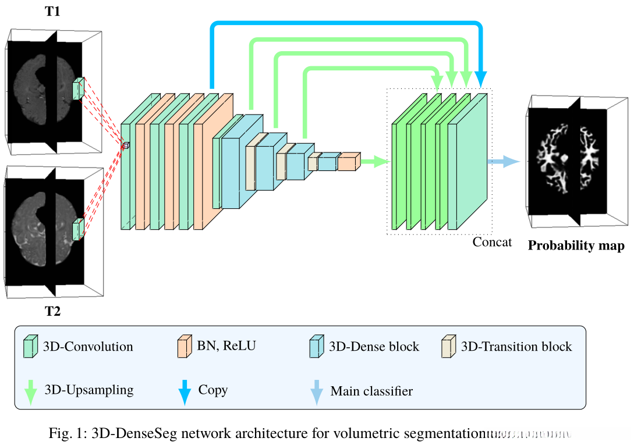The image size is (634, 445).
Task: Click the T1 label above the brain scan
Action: [x=53, y=12]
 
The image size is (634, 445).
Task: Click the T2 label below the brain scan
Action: [x=53, y=311]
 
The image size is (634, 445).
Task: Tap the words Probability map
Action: [x=576, y=245]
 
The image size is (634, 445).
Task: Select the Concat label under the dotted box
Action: [x=492, y=241]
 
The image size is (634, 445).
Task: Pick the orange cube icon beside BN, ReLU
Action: [x=183, y=346]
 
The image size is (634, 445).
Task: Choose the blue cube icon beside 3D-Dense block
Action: [x=317, y=346]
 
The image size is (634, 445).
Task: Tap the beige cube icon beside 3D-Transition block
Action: [x=449, y=346]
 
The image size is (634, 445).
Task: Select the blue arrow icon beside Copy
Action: [x=183, y=390]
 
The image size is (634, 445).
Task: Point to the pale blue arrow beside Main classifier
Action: [x=317, y=390]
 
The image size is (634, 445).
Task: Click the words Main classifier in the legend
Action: [x=371, y=391]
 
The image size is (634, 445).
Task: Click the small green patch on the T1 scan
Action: [x=78, y=90]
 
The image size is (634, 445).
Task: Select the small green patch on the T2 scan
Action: [x=78, y=229]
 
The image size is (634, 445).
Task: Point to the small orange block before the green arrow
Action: [x=349, y=162]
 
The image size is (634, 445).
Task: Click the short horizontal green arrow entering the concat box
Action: [x=376, y=162]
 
